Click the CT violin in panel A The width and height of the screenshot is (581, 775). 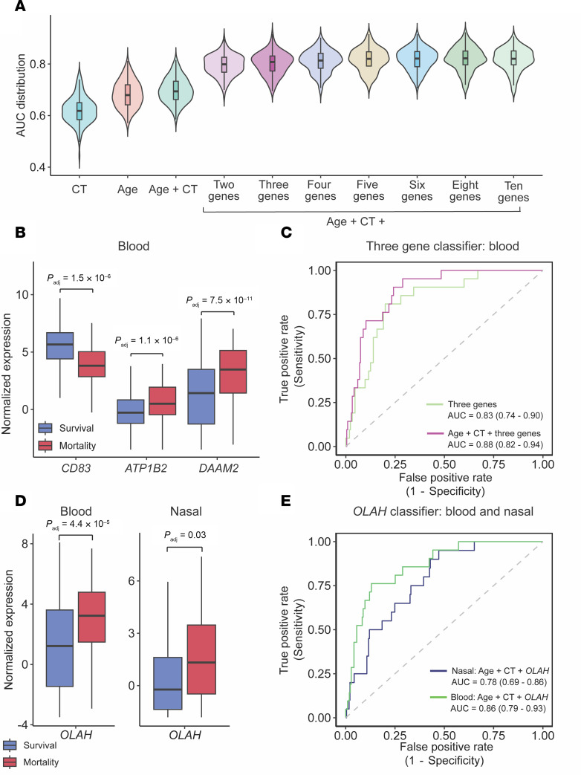79,114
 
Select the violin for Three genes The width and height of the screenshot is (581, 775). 272,62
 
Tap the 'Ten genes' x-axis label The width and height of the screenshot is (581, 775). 513,192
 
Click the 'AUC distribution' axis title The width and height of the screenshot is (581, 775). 20,95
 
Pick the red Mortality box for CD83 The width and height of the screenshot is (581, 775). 91,364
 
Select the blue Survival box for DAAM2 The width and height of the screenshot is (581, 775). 201,396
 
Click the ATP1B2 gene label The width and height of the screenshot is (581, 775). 146,468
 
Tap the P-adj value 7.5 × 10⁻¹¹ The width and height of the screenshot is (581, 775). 219,300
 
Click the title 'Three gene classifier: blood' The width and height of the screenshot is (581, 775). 442,246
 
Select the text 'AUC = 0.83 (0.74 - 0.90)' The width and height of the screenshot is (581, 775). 495,415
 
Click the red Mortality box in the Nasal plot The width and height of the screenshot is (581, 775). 201,659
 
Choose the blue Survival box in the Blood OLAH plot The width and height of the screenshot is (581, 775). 59,648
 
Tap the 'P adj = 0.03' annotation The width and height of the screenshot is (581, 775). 185,535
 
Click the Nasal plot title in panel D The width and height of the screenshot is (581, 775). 186,511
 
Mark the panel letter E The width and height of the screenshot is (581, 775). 285,501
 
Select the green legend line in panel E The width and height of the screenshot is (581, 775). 438,697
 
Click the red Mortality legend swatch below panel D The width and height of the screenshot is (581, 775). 10,762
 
